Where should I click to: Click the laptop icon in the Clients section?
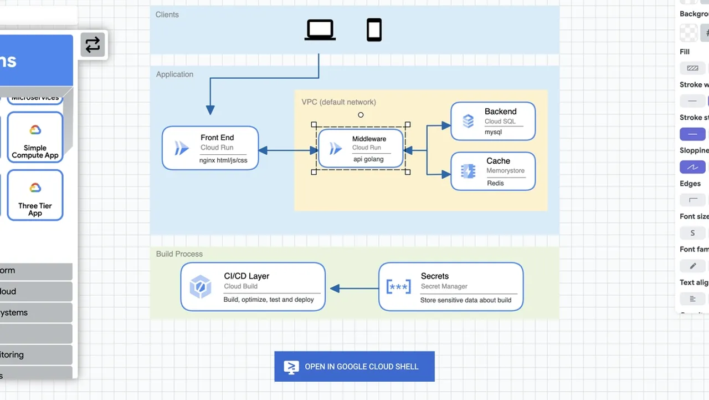(320, 30)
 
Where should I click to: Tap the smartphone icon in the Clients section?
(374, 30)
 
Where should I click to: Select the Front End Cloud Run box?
(210, 148)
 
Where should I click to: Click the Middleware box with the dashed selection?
(361, 149)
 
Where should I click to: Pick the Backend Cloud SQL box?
(493, 121)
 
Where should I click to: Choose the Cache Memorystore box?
(493, 171)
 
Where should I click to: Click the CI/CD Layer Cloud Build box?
(253, 287)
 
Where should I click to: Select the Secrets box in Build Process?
(451, 287)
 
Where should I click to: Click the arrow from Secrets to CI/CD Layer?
(354, 288)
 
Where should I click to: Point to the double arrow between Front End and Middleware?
(288, 150)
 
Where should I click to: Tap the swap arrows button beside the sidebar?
(93, 44)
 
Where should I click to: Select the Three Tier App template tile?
(35, 195)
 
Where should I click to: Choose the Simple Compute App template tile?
(35, 138)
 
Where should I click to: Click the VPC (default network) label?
(338, 102)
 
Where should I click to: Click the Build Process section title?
(179, 254)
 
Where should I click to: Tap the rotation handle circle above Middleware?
(361, 115)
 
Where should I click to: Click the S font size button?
(692, 233)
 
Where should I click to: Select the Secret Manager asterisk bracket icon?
(398, 287)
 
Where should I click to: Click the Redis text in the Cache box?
(495, 183)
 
